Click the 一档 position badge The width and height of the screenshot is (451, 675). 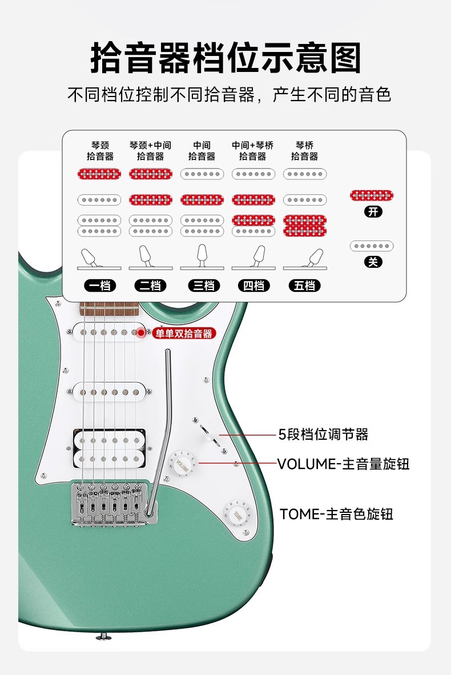[x=99, y=286]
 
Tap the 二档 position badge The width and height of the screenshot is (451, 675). [x=150, y=286]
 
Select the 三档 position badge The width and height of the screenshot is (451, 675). [x=202, y=286]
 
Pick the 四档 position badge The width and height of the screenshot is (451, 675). [x=253, y=286]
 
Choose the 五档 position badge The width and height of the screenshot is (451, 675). [x=305, y=286]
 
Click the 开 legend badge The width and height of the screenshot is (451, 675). [x=373, y=212]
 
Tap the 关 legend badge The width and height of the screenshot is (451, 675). [x=373, y=262]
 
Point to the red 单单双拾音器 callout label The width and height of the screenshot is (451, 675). [x=183, y=334]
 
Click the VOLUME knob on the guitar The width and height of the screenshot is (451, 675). [x=183, y=463]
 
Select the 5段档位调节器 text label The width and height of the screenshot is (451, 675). [x=323, y=435]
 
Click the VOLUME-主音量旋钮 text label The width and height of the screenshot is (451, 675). [x=343, y=463]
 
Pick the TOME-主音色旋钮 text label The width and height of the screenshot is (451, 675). [x=336, y=514]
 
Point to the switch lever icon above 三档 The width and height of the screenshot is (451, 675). [x=202, y=258]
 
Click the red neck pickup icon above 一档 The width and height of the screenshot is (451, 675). [x=99, y=174]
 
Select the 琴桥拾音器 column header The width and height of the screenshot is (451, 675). [x=304, y=151]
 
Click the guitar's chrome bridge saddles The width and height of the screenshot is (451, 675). [x=108, y=500]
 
